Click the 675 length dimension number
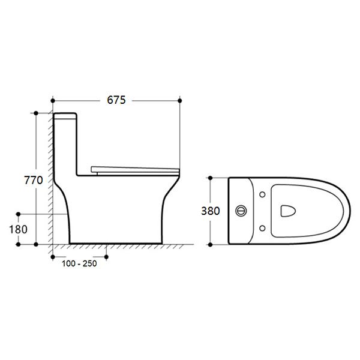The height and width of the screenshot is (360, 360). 116,100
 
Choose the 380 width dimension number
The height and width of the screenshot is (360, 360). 211,211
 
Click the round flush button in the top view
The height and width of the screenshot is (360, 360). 242,211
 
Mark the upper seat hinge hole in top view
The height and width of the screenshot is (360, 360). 263,194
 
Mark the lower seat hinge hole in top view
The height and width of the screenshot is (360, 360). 263,228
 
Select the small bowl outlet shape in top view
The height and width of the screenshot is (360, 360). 287,211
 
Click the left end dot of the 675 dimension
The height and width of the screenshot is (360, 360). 53,100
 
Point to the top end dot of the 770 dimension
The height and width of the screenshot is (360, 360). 37,113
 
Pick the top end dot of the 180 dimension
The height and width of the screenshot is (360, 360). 19,214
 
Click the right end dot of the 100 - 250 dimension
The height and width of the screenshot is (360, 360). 106,257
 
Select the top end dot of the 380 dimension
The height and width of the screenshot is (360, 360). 211,178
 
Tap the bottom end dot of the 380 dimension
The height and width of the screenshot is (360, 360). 211,245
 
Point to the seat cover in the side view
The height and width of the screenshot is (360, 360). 135,169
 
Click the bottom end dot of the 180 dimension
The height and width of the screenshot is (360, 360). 19,245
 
